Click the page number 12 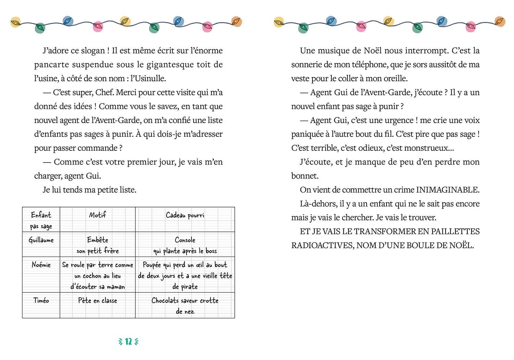tap(128, 341)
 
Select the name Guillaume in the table tap(41, 240)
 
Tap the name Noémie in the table tap(41, 265)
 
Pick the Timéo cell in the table tap(41, 301)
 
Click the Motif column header tap(98, 215)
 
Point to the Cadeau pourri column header tap(185, 215)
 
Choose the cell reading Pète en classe tap(98, 301)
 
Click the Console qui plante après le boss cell tap(185, 245)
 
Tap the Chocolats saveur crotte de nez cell tap(185, 305)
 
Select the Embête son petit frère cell tap(98, 245)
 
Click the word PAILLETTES tap(455, 232)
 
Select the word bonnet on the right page tap(304, 176)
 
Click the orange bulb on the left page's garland tap(236, 22)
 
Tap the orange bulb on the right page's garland tap(500, 21)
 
